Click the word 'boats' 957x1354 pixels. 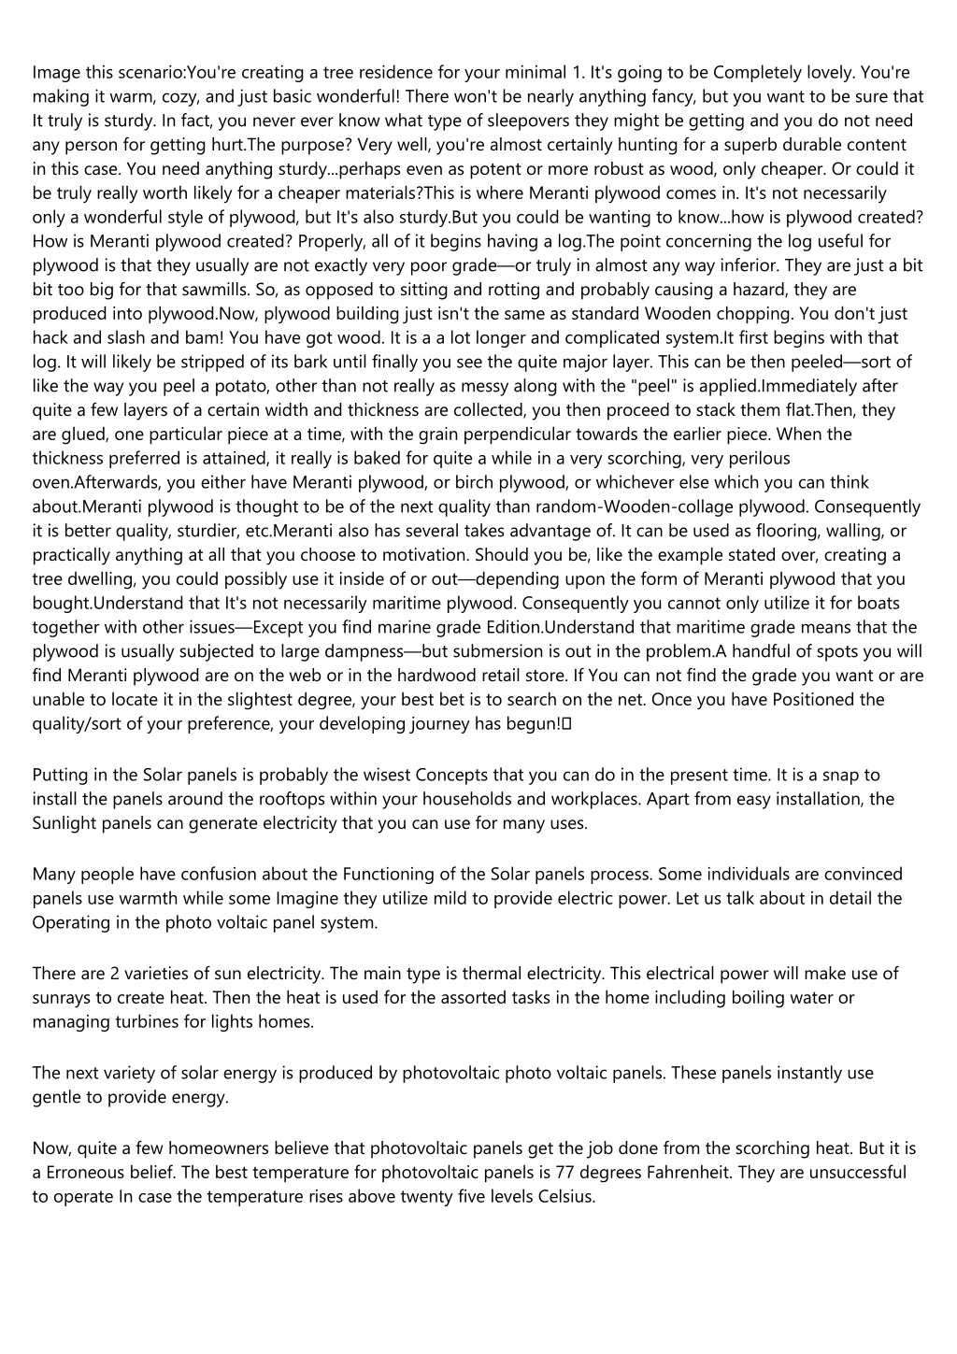[890, 604]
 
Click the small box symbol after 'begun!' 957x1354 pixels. [567, 724]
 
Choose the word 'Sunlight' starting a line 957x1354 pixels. [63, 823]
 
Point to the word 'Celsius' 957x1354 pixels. [565, 1197]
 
